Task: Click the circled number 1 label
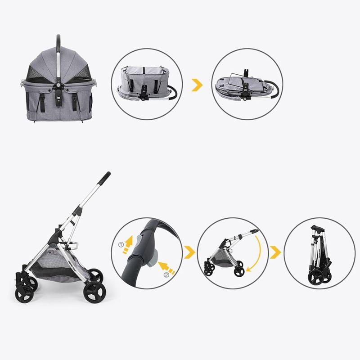point(121,245)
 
